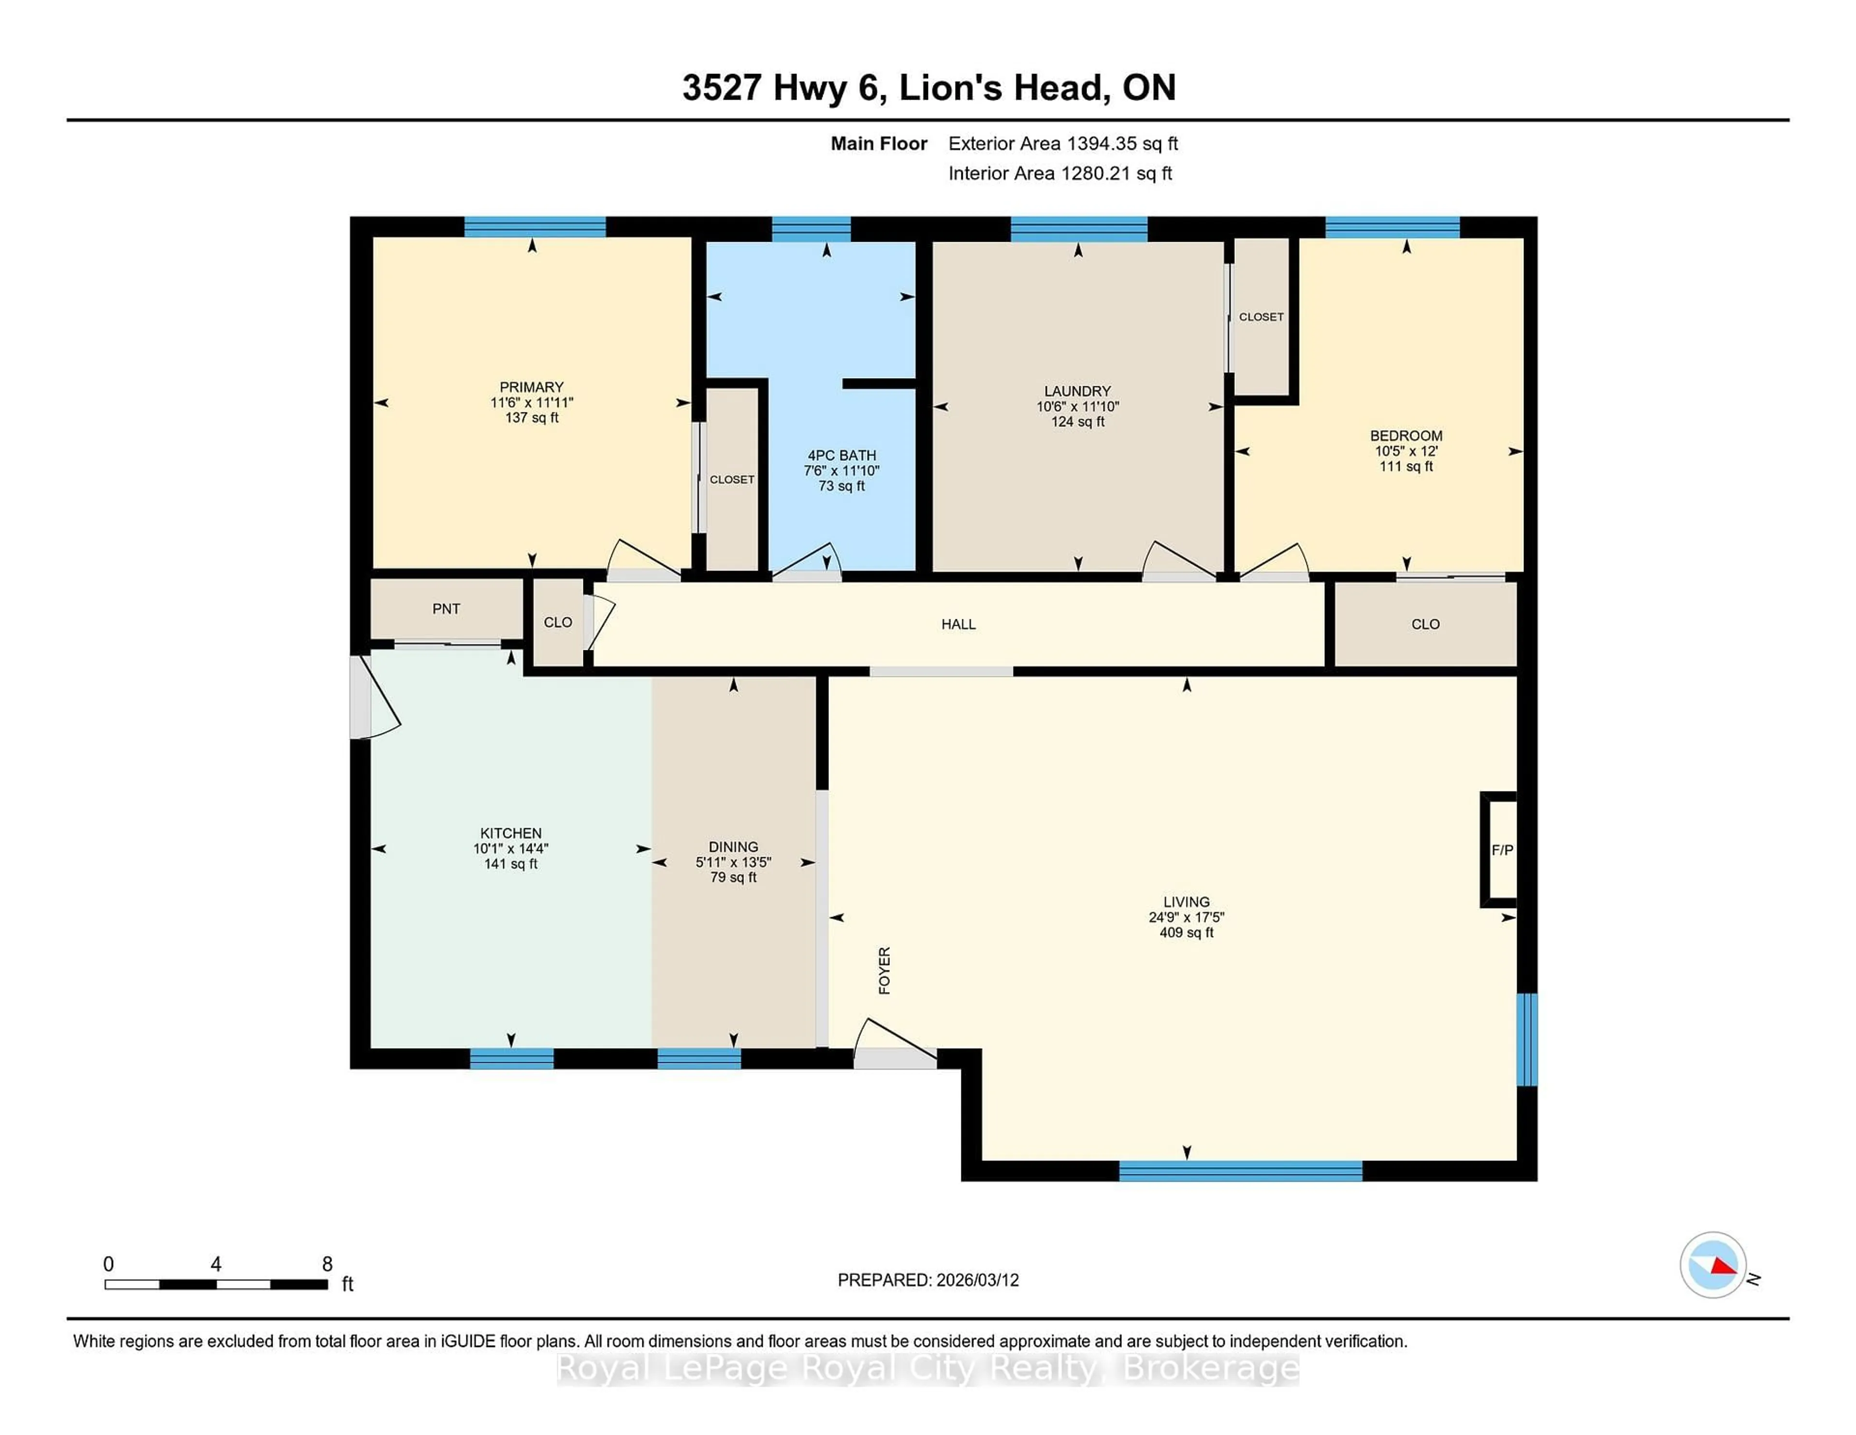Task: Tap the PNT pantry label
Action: point(446,609)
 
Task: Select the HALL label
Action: point(958,624)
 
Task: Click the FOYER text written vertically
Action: point(884,970)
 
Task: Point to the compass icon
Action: point(1712,1265)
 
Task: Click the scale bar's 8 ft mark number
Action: point(327,1264)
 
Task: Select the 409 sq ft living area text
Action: point(1187,933)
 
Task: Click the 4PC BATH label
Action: point(841,455)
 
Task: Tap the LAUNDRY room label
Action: point(1077,391)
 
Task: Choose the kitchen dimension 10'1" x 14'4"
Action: point(511,849)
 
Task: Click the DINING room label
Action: point(733,847)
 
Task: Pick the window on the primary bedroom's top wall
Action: point(535,227)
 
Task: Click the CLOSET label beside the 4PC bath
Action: point(732,480)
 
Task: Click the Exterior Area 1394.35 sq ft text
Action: point(1063,144)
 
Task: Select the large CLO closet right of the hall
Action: point(1425,624)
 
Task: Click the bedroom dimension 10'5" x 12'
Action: point(1406,452)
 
